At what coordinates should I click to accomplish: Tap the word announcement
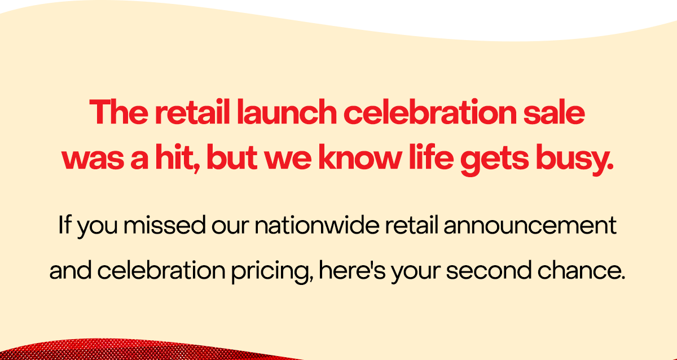[532, 227]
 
